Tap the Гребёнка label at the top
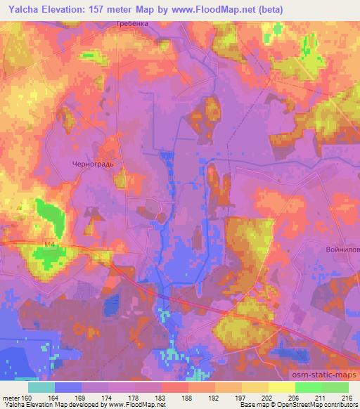[x=131, y=24]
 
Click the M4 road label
[x=49, y=245]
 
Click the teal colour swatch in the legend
[x=41, y=387]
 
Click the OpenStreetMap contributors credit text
[x=320, y=405]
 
